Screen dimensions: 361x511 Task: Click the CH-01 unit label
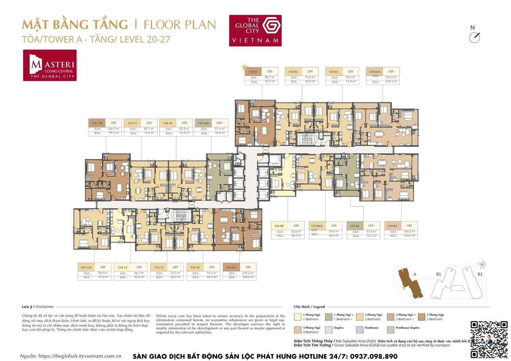click(x=253, y=72)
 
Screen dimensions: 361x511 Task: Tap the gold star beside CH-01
click(x=244, y=67)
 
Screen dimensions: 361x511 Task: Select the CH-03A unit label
click(x=375, y=72)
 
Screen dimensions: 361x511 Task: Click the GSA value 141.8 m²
click(x=391, y=77)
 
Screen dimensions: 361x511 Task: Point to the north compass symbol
click(x=474, y=37)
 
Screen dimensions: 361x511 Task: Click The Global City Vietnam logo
click(x=255, y=30)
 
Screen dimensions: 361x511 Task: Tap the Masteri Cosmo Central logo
click(x=50, y=65)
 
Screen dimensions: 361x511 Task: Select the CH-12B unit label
click(x=97, y=123)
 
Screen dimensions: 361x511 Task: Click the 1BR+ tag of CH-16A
click(x=220, y=123)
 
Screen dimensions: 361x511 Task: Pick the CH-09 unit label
click(x=231, y=267)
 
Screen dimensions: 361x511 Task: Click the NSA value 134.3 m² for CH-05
click(x=409, y=236)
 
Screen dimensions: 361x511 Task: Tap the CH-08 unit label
click(x=279, y=226)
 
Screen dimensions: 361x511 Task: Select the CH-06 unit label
click(x=355, y=226)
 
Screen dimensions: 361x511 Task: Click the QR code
click(x=489, y=339)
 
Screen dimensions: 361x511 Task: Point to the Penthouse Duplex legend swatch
click(x=390, y=330)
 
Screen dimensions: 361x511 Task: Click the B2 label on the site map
click(x=480, y=274)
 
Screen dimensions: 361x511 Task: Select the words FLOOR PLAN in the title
click(x=180, y=25)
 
